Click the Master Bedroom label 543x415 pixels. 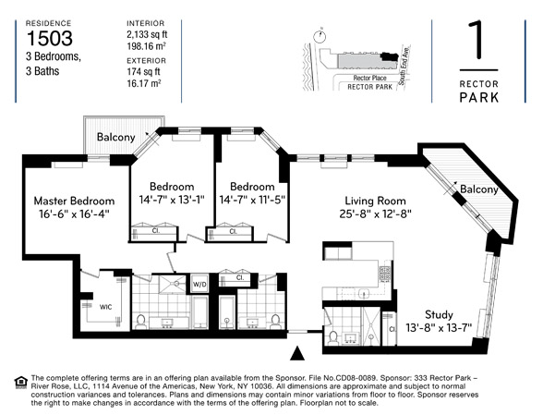coord(74,201)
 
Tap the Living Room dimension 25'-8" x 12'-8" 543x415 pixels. coord(375,214)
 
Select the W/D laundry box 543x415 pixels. coord(199,285)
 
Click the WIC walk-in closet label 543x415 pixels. coord(105,307)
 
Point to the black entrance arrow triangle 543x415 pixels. coord(297,353)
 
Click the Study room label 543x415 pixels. coord(439,314)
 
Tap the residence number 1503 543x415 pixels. coord(50,38)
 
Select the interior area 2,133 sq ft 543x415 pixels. coord(147,34)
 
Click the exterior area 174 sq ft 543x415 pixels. coord(143,71)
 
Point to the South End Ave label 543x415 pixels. coord(404,66)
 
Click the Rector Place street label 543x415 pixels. coord(369,78)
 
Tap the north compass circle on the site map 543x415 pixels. coord(319,36)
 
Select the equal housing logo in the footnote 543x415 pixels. coord(20,382)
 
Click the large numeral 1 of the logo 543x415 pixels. coord(478,40)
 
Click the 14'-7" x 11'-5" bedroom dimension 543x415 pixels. coord(252,200)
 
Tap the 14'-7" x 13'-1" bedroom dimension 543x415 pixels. coord(172,200)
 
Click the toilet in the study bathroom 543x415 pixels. coord(333,337)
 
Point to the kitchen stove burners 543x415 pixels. coord(385,275)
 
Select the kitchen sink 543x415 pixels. coord(364,293)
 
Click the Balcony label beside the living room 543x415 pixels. coord(479,189)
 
